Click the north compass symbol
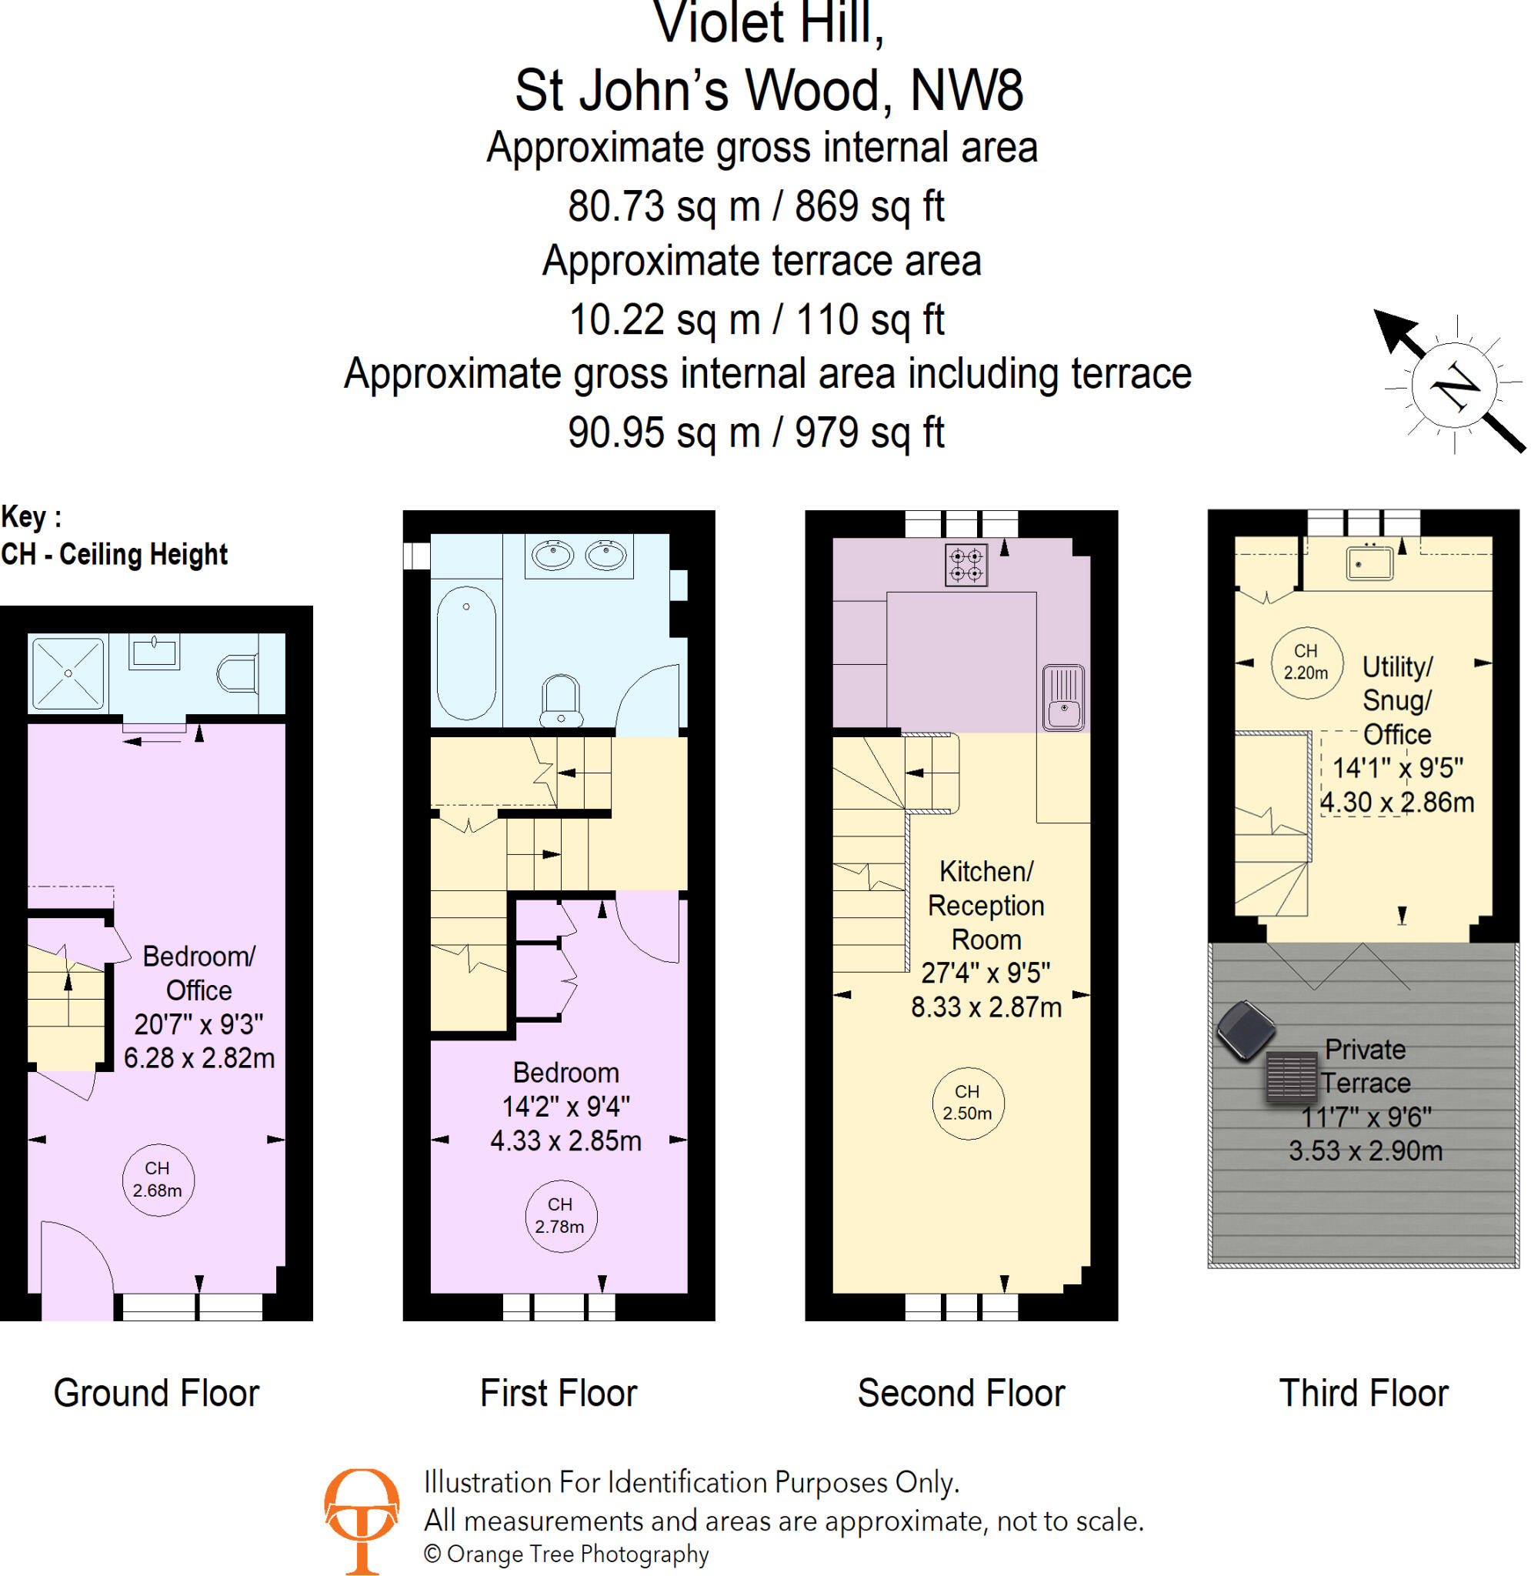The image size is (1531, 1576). [x=1454, y=386]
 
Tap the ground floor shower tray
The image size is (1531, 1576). [x=68, y=673]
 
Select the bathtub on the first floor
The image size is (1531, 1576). [x=465, y=652]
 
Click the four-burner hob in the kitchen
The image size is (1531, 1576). [x=966, y=565]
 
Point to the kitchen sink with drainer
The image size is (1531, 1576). [x=1063, y=696]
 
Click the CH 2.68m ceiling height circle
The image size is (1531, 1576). [x=158, y=1179]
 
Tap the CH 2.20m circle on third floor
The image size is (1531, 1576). [x=1306, y=662]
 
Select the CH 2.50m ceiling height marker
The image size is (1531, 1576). [x=966, y=1103]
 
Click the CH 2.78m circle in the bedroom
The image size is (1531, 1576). [x=559, y=1215]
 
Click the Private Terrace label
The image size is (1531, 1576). [x=1366, y=1067]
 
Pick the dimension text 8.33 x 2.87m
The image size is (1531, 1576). [x=986, y=1007]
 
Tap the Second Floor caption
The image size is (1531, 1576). [x=961, y=1393]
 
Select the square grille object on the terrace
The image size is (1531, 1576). [x=1293, y=1076]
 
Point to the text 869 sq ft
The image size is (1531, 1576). [x=869, y=205]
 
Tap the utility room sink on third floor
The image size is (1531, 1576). [x=1369, y=563]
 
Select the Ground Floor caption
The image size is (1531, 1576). [x=157, y=1393]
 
